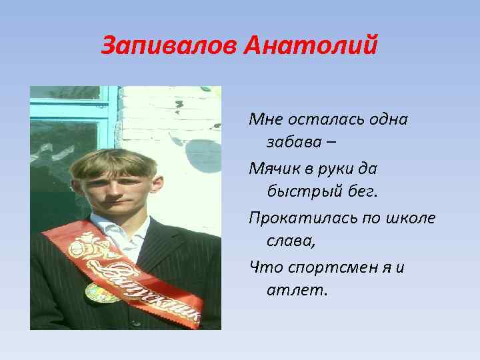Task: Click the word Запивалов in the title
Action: pos(170,47)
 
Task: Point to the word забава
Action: pos(297,142)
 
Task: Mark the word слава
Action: pos(291,241)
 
